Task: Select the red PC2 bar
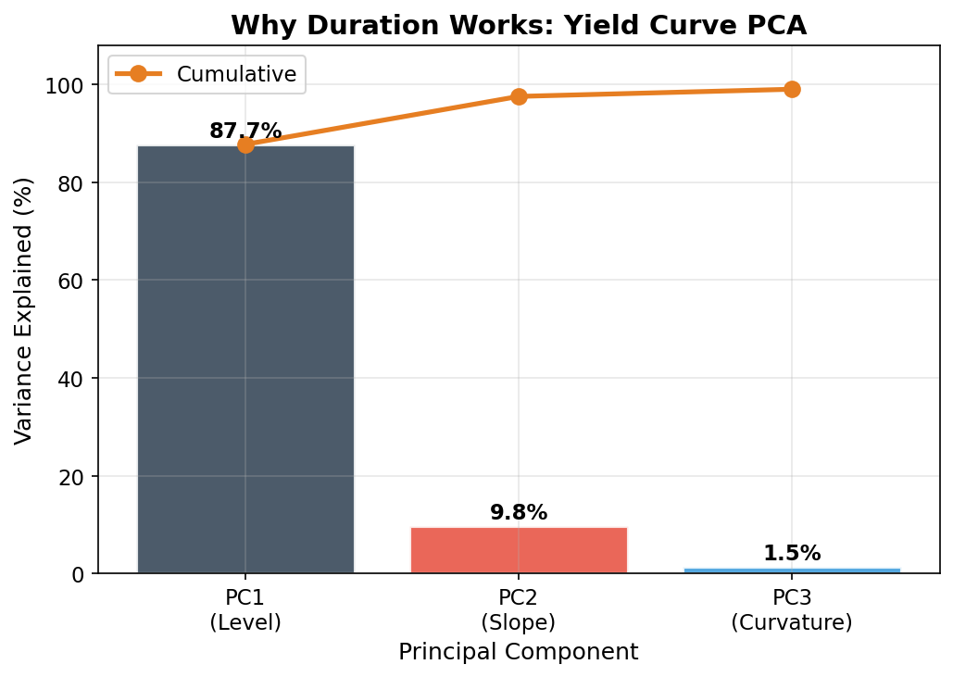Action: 519,550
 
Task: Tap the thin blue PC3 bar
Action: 792,570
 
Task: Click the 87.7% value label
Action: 245,132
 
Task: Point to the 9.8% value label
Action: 519,512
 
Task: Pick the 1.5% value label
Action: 792,554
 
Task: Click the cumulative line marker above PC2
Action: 519,96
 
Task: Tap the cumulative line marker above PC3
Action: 792,89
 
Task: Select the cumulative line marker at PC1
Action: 245,144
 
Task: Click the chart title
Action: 519,25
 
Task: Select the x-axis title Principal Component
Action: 519,652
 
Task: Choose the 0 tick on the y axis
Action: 78,574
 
